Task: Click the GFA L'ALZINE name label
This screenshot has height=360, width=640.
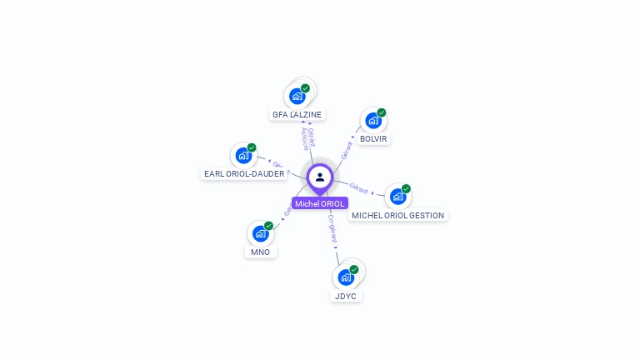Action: (x=297, y=115)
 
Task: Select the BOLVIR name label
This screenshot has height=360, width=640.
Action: (x=373, y=138)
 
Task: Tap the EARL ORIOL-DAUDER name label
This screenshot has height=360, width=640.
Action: (x=244, y=174)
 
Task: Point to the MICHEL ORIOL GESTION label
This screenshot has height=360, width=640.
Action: (x=398, y=215)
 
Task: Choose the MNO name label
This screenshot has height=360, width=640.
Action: (x=260, y=252)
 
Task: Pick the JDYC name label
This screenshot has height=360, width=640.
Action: (x=346, y=296)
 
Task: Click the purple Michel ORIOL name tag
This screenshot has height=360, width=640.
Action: (x=319, y=203)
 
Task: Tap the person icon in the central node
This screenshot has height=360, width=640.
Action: (x=320, y=177)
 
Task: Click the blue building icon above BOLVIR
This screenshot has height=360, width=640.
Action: (x=373, y=121)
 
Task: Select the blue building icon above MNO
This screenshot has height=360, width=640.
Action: (x=260, y=233)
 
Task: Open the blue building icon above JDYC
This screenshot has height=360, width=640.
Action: (x=345, y=277)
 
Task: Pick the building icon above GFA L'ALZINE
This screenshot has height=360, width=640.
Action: (x=297, y=96)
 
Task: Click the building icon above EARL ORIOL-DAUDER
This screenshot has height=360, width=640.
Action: (x=243, y=155)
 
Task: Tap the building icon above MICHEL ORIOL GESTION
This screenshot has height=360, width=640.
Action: (x=397, y=197)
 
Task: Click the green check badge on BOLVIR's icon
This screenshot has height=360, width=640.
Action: (x=382, y=112)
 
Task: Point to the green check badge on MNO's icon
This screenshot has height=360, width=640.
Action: (x=268, y=226)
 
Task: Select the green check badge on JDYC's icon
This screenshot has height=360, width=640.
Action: (x=354, y=270)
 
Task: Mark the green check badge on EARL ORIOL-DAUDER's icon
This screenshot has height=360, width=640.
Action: (x=252, y=147)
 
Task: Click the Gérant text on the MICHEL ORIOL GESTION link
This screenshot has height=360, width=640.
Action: (x=359, y=187)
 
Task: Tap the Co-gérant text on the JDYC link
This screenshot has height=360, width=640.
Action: (x=332, y=227)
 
